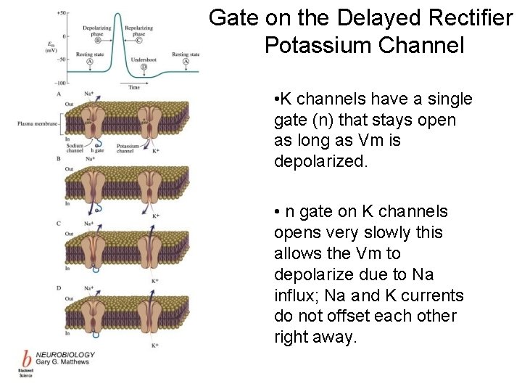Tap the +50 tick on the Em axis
point(61,14)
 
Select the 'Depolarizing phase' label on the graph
point(96,30)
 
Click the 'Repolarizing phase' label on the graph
point(138,30)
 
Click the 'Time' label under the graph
point(134,88)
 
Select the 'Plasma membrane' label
point(34,124)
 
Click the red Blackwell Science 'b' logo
point(27,360)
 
